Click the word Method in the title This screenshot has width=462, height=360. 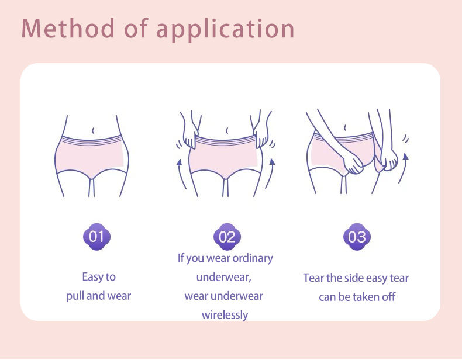click(68, 28)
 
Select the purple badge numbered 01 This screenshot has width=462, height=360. click(96, 237)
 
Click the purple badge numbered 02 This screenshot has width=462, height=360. click(227, 237)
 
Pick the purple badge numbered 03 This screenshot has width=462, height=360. click(357, 237)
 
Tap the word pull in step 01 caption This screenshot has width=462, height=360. click(75, 296)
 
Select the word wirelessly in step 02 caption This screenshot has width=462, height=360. click(225, 314)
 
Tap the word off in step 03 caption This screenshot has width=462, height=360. click(389, 297)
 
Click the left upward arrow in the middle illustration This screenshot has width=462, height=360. click(181, 174)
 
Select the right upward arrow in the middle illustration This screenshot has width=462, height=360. click(270, 174)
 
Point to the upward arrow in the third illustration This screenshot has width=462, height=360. click(403, 168)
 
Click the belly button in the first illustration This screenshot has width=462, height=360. click(94, 130)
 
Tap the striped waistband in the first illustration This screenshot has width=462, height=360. click(92, 141)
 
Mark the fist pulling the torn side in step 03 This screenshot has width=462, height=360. click(389, 161)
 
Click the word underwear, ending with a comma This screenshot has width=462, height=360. click(223, 277)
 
